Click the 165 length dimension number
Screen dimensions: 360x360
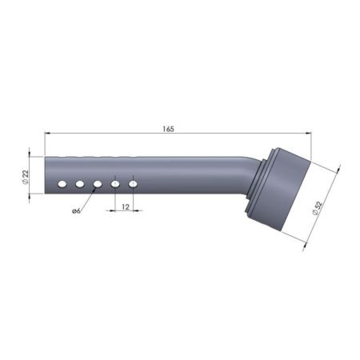point(168,129)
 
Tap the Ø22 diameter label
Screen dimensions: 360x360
point(25,176)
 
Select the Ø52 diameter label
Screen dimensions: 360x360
point(318,208)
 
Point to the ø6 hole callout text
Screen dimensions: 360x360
point(76,211)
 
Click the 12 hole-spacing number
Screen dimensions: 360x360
point(126,206)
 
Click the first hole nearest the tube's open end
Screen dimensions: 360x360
point(62,184)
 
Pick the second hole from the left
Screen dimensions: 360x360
point(80,184)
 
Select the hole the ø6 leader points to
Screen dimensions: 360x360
point(98,184)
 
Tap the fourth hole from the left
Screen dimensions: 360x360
point(115,184)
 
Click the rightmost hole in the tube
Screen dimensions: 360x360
point(133,184)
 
